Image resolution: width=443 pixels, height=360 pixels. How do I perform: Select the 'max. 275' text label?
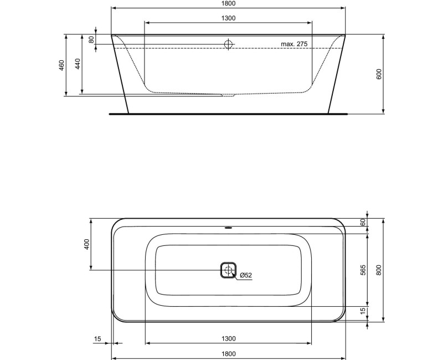[x=293, y=44]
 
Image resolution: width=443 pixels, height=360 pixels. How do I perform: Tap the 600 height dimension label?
[x=379, y=75]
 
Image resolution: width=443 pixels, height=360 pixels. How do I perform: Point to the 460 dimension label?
[x=62, y=65]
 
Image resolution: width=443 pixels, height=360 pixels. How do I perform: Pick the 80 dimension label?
[x=91, y=40]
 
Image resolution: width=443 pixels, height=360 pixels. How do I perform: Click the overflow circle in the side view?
[x=228, y=44]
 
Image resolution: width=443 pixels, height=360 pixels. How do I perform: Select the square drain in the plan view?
[x=228, y=270]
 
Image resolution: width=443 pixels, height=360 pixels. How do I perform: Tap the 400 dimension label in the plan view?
[x=86, y=244]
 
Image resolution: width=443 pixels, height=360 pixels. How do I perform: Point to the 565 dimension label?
[x=363, y=270]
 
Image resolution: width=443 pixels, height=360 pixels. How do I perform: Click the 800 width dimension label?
[x=379, y=270]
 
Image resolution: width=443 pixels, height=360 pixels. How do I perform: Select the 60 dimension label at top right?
[x=363, y=222]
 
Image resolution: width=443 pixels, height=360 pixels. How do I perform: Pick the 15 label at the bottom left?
[x=97, y=338]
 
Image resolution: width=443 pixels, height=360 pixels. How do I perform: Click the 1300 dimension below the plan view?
[x=228, y=338]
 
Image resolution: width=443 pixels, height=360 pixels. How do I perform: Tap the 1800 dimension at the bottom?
[x=228, y=353]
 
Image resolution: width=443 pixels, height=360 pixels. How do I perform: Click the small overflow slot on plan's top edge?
[x=228, y=227]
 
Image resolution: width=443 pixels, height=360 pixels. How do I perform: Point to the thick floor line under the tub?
[x=228, y=114]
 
